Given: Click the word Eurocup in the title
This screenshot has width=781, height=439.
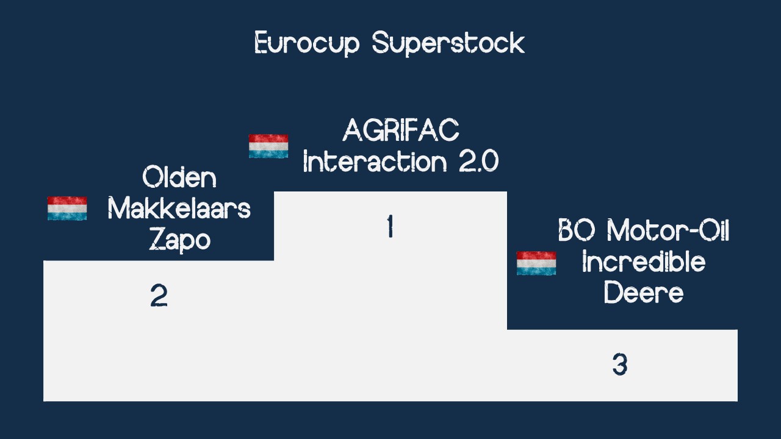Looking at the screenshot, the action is click(x=307, y=43).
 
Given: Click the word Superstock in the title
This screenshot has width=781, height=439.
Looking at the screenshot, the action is click(x=448, y=43).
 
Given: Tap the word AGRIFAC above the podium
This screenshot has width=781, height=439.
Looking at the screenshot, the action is click(x=401, y=130).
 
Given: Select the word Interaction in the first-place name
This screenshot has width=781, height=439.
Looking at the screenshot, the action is click(x=375, y=161).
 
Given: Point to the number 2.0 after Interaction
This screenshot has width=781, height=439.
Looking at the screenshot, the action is click(x=479, y=161).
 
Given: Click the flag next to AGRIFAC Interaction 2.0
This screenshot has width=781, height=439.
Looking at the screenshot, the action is click(x=268, y=146).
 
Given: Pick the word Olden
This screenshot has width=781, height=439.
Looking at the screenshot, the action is click(x=179, y=177).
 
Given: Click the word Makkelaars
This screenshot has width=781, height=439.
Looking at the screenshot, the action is click(x=179, y=209).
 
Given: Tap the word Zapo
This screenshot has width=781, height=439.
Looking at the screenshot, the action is click(x=180, y=240).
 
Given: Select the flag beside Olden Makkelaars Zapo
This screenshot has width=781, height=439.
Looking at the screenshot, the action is click(x=67, y=209).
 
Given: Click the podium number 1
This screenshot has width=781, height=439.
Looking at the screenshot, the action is click(x=390, y=226).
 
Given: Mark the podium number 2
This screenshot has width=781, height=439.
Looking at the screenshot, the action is click(x=159, y=296).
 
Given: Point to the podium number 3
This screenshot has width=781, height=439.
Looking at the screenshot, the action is click(x=620, y=365).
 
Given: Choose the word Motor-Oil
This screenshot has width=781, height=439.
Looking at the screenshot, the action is click(x=668, y=230).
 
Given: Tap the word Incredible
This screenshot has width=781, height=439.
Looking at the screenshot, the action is click(x=644, y=262).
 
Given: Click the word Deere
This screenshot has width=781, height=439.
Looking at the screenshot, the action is click(x=644, y=292).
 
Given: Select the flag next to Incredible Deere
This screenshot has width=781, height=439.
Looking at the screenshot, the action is click(x=536, y=263).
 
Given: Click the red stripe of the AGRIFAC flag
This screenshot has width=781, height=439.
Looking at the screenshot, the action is click(x=268, y=138).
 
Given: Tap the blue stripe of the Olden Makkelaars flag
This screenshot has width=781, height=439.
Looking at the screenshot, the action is click(x=67, y=216).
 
